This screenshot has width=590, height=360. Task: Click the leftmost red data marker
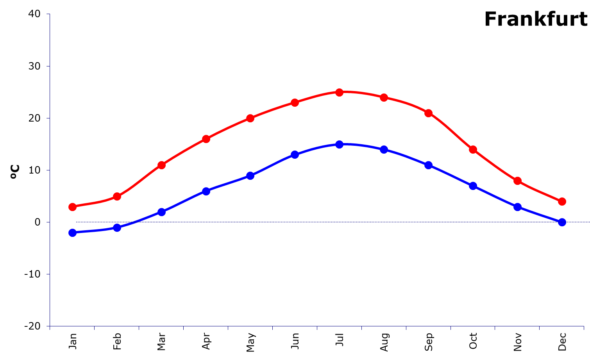[x=72, y=207]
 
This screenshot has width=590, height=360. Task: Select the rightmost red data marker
[x=562, y=201]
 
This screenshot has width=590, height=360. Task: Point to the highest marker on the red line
[x=339, y=92]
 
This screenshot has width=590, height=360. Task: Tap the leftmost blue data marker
[x=72, y=233]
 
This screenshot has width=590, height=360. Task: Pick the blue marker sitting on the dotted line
[x=562, y=222]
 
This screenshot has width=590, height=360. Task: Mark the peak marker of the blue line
[x=339, y=144]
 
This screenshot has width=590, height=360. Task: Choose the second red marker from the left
[x=117, y=196]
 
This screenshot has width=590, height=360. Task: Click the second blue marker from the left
[x=117, y=227]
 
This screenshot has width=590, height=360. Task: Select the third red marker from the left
[x=161, y=165]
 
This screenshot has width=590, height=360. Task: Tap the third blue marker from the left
[x=161, y=212]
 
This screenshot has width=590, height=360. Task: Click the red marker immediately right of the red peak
[x=384, y=97]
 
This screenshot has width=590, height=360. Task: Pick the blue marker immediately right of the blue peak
[x=384, y=149]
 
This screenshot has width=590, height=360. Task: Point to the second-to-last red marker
[x=517, y=181]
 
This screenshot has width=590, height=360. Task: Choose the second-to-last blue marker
[x=517, y=207]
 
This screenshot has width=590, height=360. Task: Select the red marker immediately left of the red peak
[x=295, y=102]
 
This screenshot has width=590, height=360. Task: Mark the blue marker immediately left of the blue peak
[x=295, y=154]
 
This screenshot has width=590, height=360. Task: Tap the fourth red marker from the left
[x=206, y=139]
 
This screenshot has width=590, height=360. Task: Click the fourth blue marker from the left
[x=206, y=191]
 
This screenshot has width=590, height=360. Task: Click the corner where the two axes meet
[x=50, y=326]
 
